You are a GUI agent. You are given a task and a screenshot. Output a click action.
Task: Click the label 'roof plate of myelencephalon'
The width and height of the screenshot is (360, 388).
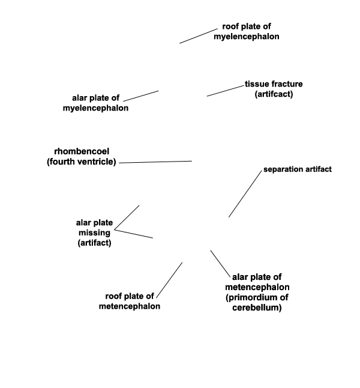pyautogui.click(x=247, y=31)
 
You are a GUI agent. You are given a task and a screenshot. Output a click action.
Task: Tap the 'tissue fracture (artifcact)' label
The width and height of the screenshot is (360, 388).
pyautogui.click(x=274, y=89)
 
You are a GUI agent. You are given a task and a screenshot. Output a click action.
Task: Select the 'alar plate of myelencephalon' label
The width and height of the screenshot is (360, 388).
pyautogui.click(x=95, y=103)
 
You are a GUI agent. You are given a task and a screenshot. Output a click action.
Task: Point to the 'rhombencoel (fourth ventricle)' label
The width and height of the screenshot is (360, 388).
pyautogui.click(x=82, y=156)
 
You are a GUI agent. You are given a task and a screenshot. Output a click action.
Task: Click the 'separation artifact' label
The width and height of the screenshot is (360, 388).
pyautogui.click(x=298, y=169)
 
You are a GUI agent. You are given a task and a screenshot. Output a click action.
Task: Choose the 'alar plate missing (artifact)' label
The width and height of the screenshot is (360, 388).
pyautogui.click(x=94, y=232)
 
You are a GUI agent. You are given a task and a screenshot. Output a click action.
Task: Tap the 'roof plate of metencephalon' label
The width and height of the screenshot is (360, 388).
pyautogui.click(x=130, y=301)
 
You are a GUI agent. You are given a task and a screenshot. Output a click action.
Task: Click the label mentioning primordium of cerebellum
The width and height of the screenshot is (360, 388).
pyautogui.click(x=257, y=293)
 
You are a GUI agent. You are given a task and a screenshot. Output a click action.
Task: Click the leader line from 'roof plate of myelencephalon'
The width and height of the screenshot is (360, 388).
pyautogui.click(x=199, y=36)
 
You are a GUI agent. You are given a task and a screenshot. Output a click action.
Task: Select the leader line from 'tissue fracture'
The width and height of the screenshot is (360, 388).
pyautogui.click(x=226, y=91)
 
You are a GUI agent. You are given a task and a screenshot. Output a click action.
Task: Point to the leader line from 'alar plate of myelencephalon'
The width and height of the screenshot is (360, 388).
pyautogui.click(x=141, y=96)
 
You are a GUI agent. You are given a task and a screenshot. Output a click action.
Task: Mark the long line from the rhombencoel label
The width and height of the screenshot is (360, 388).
pyautogui.click(x=155, y=162)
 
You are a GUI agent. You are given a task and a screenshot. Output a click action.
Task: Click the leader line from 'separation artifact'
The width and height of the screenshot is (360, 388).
pyautogui.click(x=245, y=194)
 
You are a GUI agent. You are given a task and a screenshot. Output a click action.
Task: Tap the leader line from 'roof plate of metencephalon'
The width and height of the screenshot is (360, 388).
pyautogui.click(x=169, y=280)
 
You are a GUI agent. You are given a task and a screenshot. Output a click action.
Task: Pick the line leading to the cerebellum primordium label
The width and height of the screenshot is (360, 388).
pyautogui.click(x=220, y=263)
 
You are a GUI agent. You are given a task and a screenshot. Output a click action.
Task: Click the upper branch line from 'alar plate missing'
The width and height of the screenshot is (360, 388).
pyautogui.click(x=127, y=217)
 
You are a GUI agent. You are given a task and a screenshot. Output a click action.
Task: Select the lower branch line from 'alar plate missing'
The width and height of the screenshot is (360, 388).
pyautogui.click(x=134, y=234)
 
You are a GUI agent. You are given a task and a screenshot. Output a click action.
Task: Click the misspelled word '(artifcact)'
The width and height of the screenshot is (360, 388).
pyautogui.click(x=274, y=94)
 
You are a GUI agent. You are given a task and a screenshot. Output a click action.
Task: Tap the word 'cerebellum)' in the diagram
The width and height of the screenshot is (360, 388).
pyautogui.click(x=257, y=308)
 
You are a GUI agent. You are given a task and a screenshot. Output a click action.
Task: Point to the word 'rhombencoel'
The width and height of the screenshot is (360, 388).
pyautogui.click(x=82, y=151)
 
